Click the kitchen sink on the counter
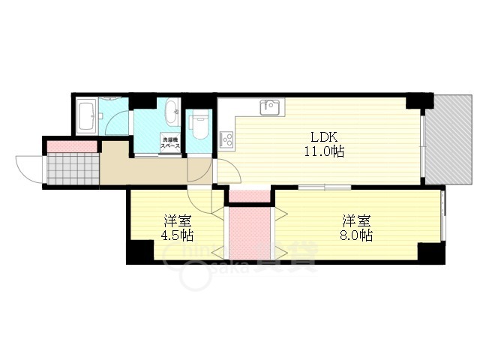[x=269, y=107]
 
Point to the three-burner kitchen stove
[x=226, y=139]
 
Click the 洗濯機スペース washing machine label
[x=170, y=142]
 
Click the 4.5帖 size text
[x=177, y=235]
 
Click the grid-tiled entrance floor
[x=73, y=167]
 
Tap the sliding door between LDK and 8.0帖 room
[x=324, y=186]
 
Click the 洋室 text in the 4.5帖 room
[x=177, y=220]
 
